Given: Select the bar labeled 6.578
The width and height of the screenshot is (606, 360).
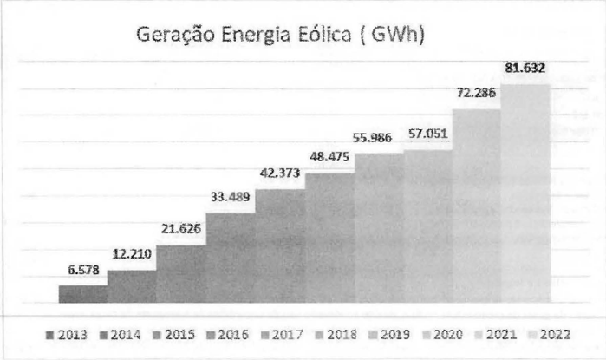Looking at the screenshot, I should point(83,293).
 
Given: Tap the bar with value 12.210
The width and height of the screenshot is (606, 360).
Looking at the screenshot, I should point(132,286).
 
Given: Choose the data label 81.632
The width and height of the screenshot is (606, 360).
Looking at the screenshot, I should point(525,67).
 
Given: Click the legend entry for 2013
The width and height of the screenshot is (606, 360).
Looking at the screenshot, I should point(67,334).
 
